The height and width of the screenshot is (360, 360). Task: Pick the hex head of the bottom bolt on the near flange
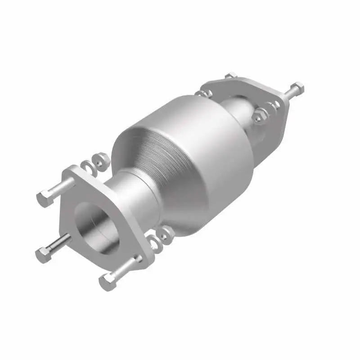[108, 281]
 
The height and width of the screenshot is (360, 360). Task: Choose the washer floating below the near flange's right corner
[155, 243]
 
